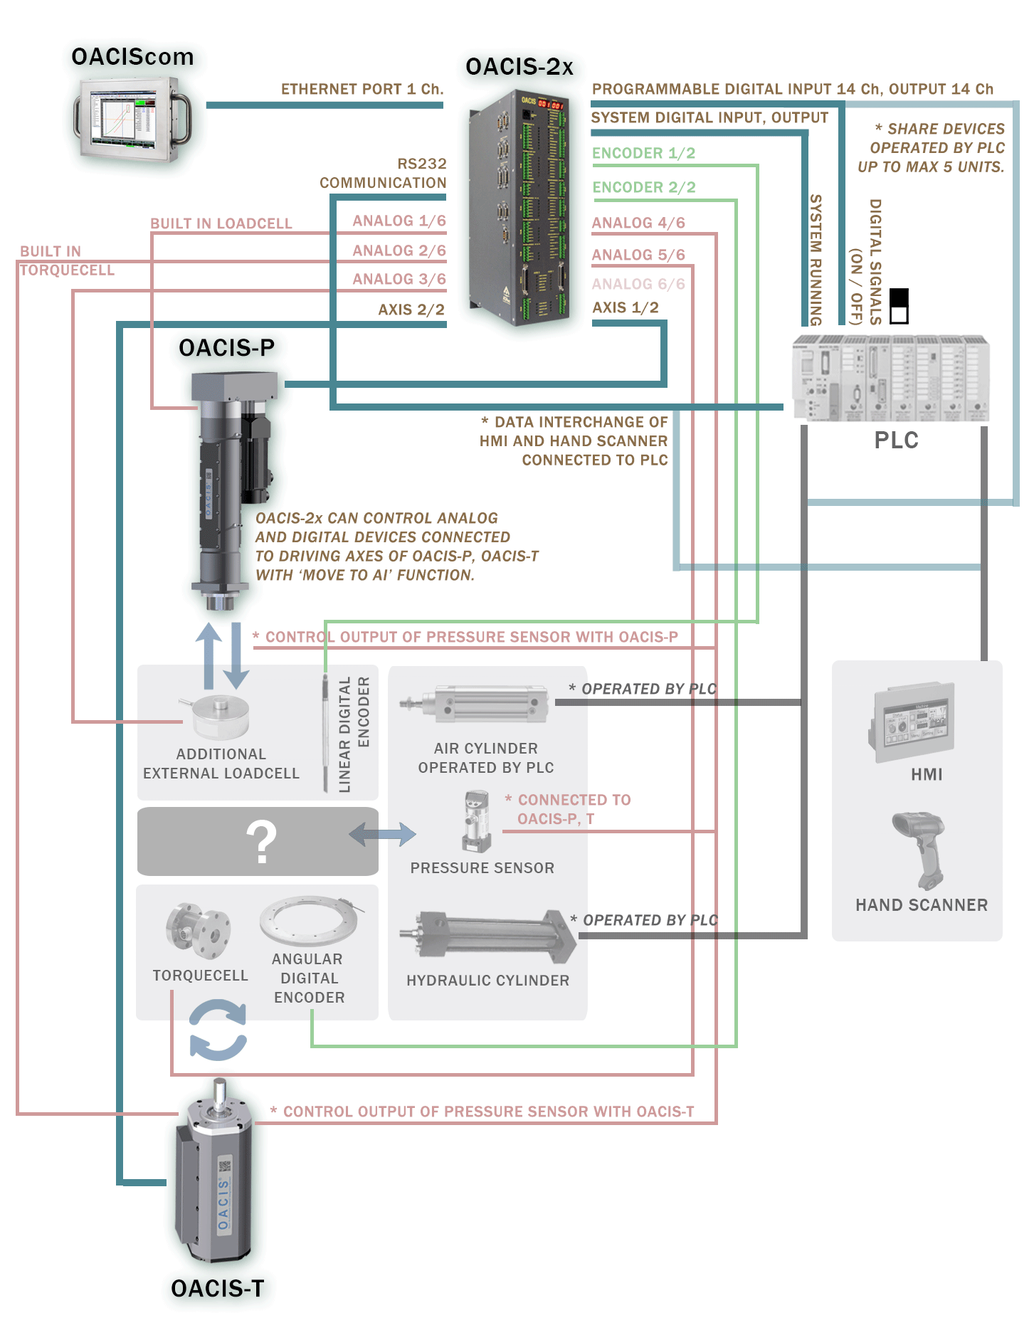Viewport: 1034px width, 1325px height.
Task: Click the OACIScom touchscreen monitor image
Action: [x=131, y=118]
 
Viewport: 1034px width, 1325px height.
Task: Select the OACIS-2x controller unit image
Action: [x=519, y=207]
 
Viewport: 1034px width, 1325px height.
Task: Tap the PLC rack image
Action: [x=890, y=377]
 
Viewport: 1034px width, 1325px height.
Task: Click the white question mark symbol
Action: [x=262, y=842]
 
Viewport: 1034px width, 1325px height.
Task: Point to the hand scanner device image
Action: [x=921, y=850]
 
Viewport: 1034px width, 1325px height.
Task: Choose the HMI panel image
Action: [x=912, y=722]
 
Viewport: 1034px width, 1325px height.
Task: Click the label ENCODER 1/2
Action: [x=643, y=154]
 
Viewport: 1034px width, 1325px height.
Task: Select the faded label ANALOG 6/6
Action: [x=638, y=285]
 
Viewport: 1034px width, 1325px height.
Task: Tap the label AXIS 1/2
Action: [x=626, y=308]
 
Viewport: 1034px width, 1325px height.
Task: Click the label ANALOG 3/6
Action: [x=399, y=280]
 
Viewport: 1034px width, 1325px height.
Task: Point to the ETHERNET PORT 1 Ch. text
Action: [x=362, y=90]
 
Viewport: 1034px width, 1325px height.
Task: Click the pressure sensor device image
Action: [x=476, y=822]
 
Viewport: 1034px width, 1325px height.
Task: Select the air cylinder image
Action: [x=474, y=704]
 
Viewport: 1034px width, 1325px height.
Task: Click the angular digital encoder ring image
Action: [x=310, y=920]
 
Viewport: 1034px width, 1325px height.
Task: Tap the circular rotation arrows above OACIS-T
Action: [x=218, y=1030]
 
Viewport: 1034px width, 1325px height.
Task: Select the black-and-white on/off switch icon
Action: [x=900, y=306]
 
